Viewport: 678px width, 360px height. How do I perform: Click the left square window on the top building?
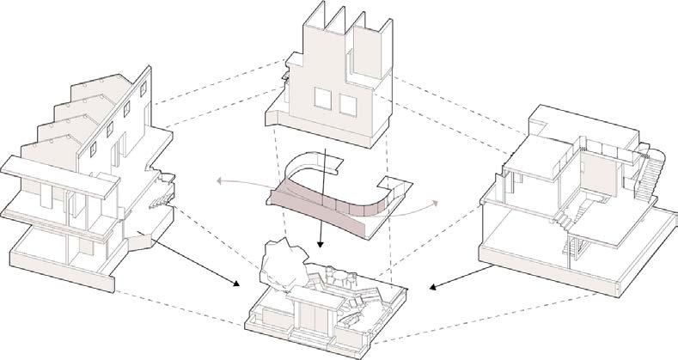tap(323, 102)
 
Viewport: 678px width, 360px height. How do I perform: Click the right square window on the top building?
tap(349, 105)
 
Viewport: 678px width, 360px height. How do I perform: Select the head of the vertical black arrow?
tap(321, 246)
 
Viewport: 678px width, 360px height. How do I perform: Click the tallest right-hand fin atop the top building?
tap(378, 34)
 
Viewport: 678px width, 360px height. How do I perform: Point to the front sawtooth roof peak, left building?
tap(52, 146)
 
